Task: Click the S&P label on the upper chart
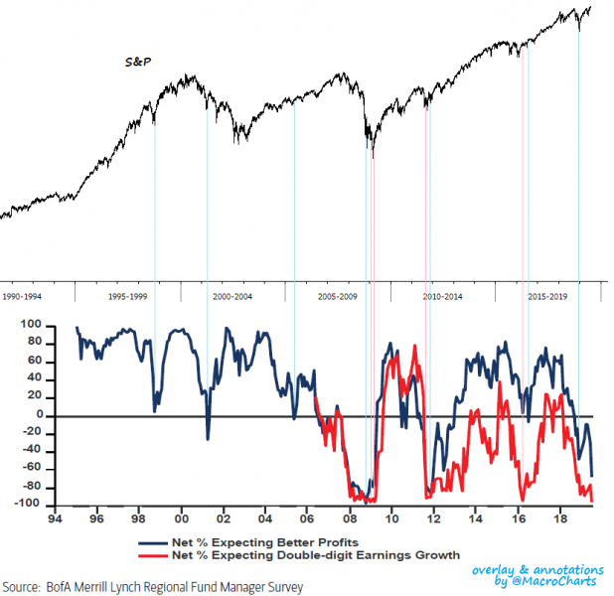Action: tap(137, 62)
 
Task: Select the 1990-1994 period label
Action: tap(22, 297)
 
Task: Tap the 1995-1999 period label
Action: tap(128, 297)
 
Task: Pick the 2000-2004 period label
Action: tap(232, 297)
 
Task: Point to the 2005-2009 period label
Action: tap(338, 297)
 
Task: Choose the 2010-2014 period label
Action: tap(442, 297)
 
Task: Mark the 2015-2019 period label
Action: tap(547, 297)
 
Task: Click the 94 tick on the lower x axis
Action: tap(62, 519)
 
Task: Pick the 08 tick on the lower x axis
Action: tap(350, 519)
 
